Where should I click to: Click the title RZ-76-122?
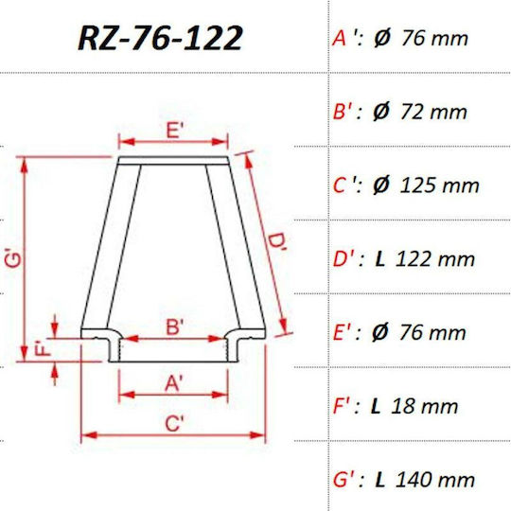[160, 38]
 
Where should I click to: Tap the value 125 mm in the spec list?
[439, 185]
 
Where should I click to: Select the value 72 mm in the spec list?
[433, 112]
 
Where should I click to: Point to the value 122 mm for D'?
[435, 259]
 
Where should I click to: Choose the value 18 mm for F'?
[424, 406]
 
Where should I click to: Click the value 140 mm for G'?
[435, 480]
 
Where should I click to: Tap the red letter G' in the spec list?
[344, 481]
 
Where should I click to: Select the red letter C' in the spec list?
[343, 185]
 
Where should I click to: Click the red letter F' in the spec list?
[342, 406]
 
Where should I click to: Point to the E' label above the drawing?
[175, 131]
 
